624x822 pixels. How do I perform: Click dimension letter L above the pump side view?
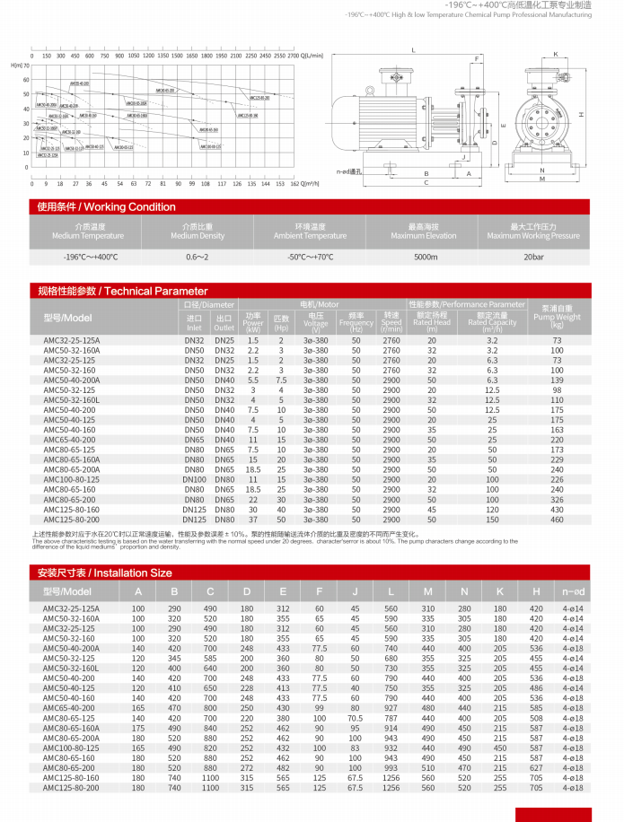[414, 51]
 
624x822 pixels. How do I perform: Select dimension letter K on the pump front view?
[556, 55]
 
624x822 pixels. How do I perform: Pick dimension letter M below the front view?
[542, 179]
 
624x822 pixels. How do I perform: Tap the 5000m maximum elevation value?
[426, 257]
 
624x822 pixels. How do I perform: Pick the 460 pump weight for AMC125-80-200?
[557, 520]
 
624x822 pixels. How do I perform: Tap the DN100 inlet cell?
[194, 480]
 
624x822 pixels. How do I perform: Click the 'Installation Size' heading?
[104, 572]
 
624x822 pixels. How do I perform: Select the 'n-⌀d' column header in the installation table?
[574, 592]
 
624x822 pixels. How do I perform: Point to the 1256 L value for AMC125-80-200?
[391, 787]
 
